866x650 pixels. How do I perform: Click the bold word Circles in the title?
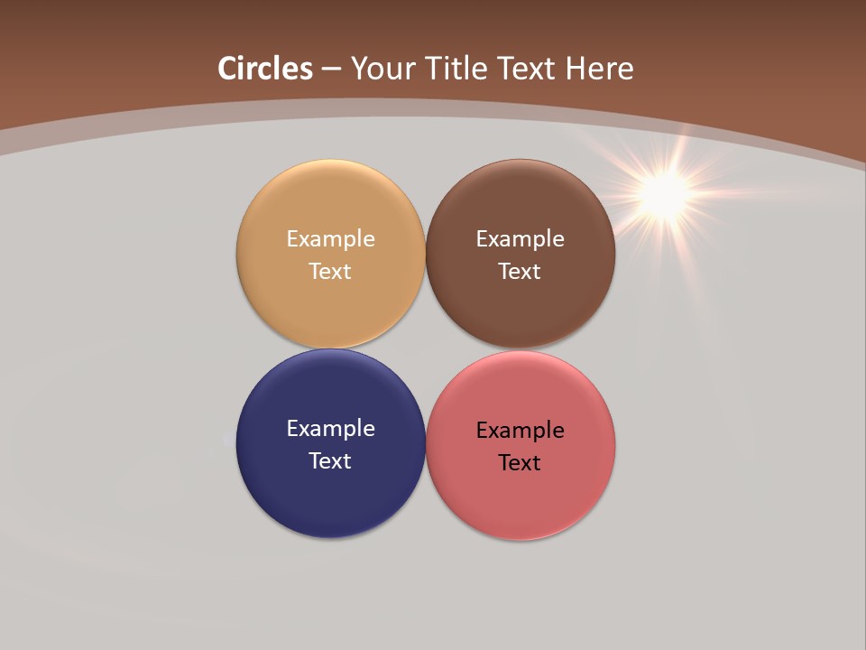[265, 69]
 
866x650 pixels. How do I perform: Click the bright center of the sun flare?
[666, 192]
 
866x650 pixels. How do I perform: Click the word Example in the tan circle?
[330, 239]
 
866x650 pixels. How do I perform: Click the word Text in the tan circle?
[330, 272]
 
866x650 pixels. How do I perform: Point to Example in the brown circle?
[520, 239]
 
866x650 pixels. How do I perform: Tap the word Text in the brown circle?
[520, 272]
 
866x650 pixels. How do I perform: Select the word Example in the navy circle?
[330, 429]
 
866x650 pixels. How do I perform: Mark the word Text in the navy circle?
[330, 461]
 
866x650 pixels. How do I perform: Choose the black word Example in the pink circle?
[520, 431]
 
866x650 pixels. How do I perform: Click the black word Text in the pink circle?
[520, 463]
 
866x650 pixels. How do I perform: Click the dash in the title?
[331, 69]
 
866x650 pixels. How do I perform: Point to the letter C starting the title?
[227, 69]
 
